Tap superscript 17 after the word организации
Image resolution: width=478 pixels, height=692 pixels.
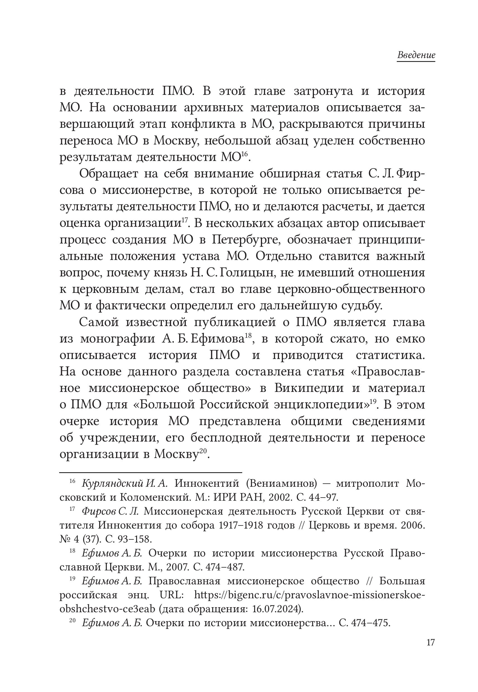(184, 220)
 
